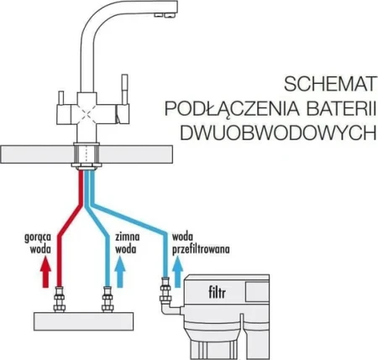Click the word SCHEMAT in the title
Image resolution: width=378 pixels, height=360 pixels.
coord(329,84)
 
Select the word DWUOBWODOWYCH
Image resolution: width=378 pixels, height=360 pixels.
coord(278,133)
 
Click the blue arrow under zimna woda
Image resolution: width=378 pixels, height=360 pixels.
coord(120,272)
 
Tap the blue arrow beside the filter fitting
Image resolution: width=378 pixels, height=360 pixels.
coord(177,272)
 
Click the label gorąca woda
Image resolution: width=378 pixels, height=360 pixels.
coord(38,243)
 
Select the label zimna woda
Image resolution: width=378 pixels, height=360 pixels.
coord(128,243)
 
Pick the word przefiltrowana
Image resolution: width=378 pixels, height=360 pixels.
coord(201,249)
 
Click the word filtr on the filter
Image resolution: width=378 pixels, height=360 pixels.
coord(217,293)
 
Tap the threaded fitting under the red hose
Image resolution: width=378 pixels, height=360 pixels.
coord(59,299)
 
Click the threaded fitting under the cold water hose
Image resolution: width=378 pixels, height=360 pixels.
coord(108,299)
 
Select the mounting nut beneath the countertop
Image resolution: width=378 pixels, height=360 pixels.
coord(87,166)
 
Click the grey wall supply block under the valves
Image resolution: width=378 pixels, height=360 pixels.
coord(83,321)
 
